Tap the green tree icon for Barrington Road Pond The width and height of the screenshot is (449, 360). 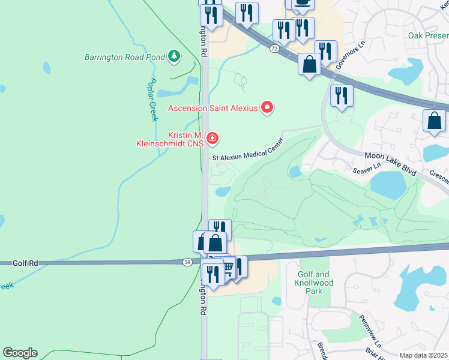174,56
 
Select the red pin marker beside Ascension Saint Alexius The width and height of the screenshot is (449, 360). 267,107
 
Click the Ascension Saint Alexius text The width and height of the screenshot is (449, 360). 212,108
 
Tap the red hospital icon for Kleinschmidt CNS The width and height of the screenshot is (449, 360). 211,139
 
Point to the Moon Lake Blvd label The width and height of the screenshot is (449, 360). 390,163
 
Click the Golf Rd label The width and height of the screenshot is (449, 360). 25,263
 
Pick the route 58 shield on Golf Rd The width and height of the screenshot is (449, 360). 188,262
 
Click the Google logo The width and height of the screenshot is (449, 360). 20,353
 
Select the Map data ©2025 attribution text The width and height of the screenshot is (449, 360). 424,355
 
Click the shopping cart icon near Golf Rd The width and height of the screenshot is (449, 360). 229,266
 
